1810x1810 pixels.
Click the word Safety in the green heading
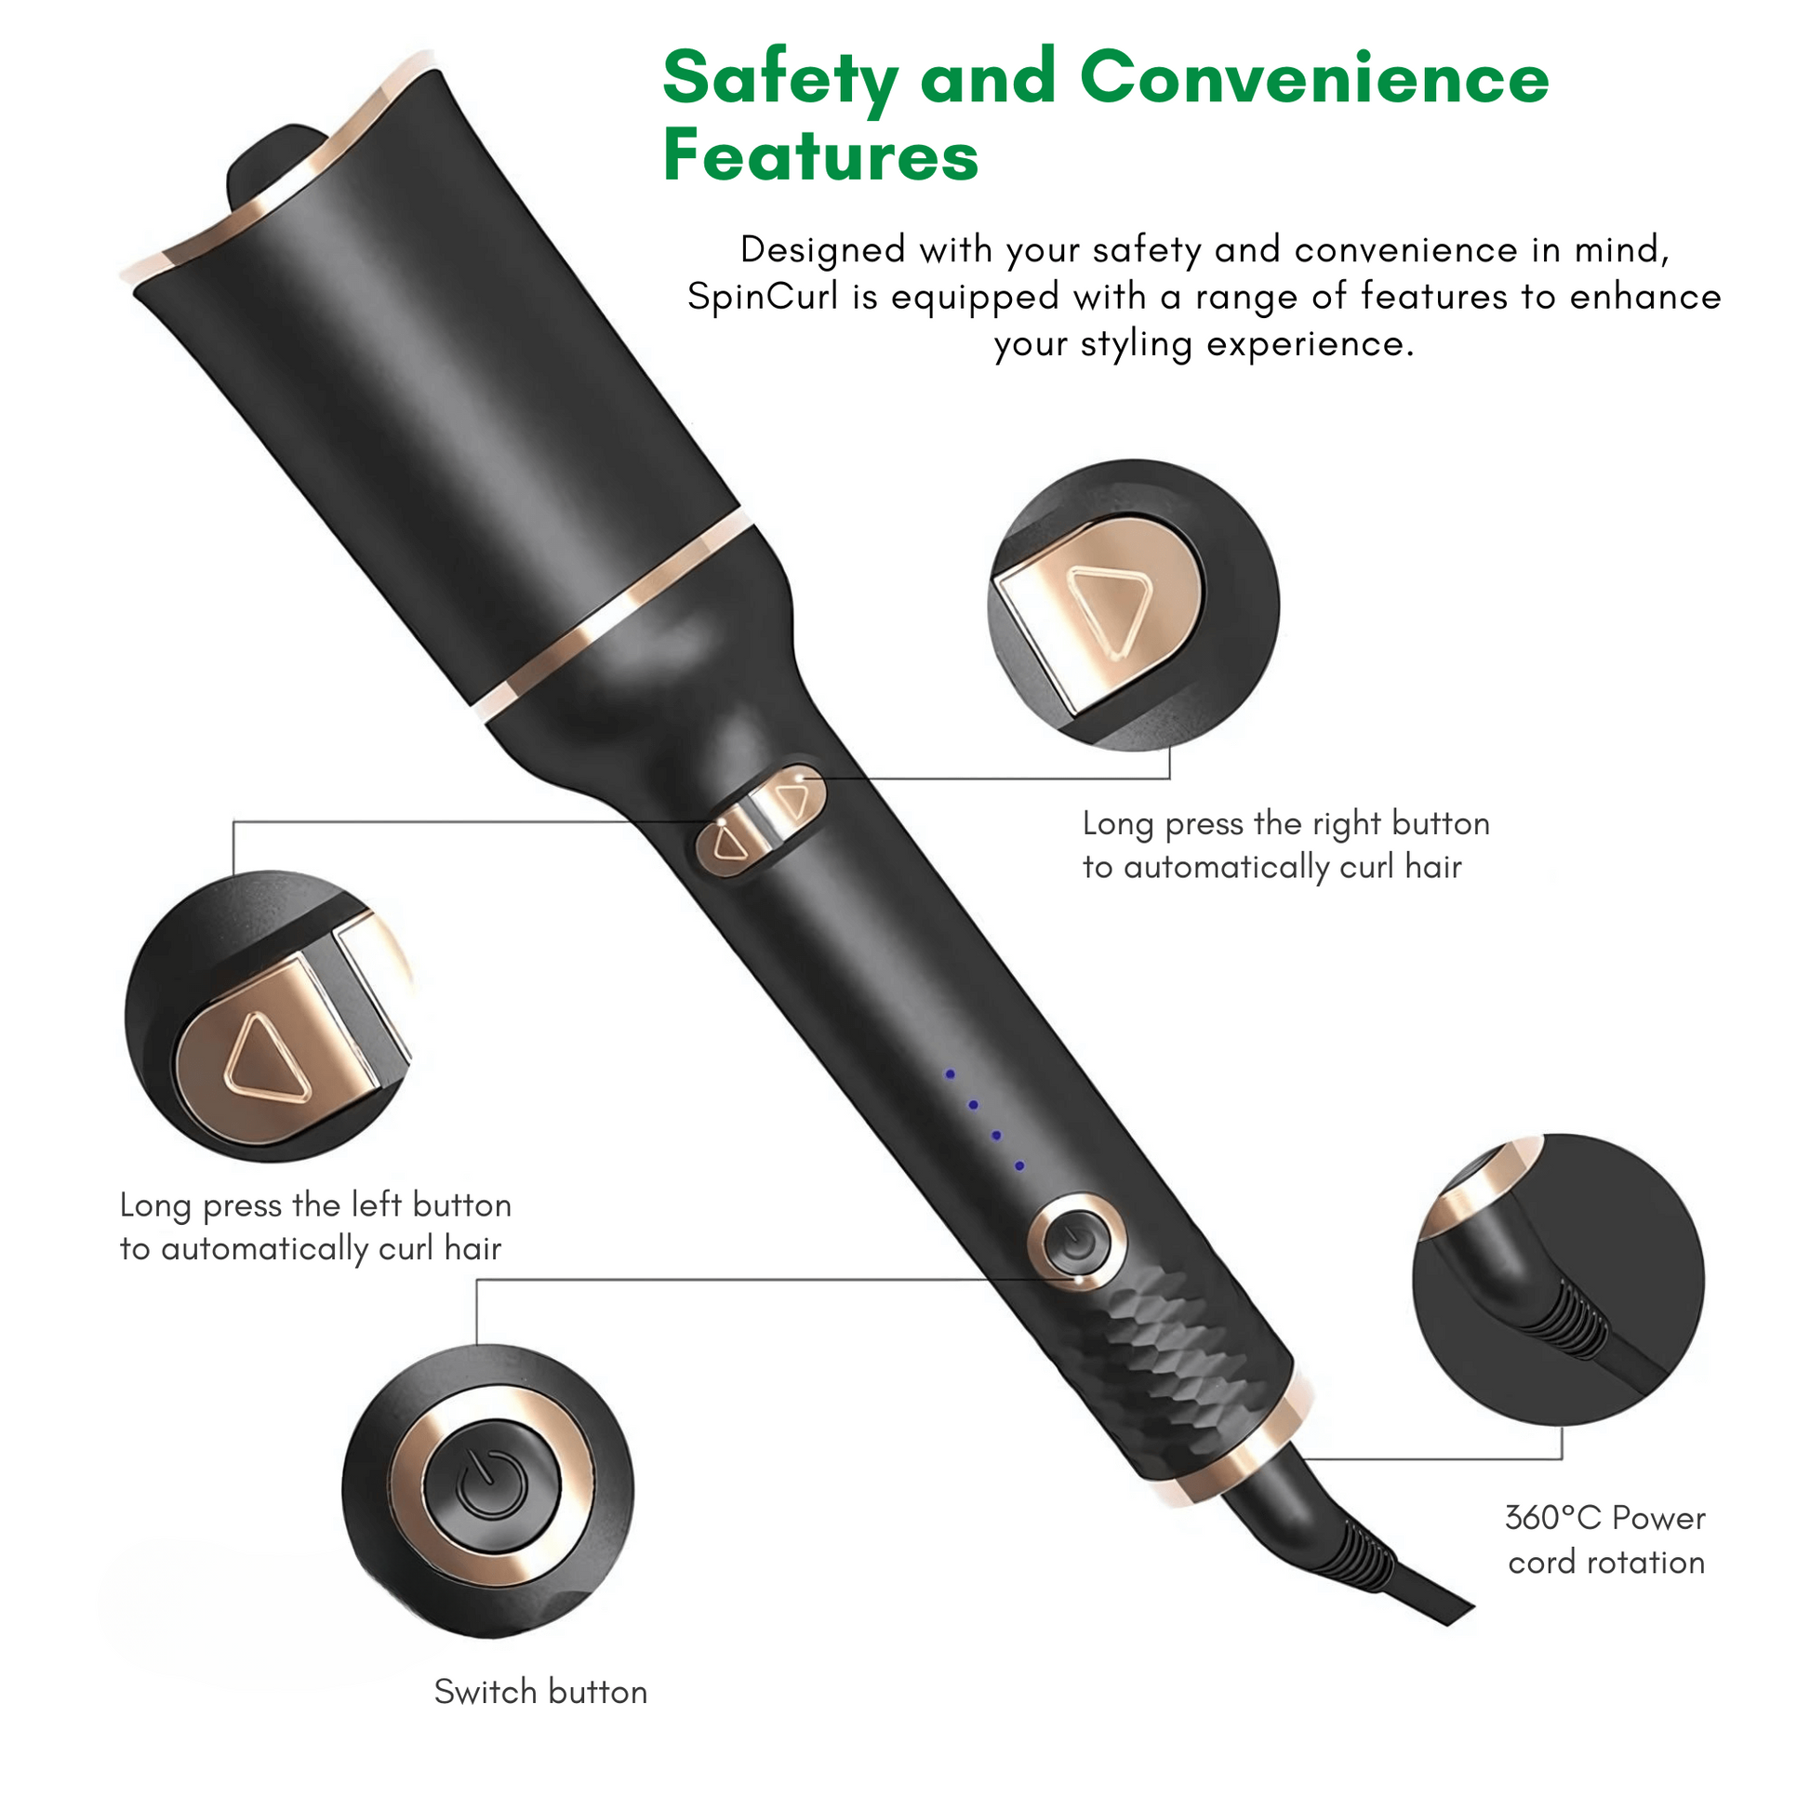click(780, 80)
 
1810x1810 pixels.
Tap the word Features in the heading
click(820, 155)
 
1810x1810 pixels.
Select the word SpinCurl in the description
click(763, 298)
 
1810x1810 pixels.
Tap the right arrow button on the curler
click(792, 801)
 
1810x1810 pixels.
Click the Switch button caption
click(540, 1692)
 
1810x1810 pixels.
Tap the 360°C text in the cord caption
click(1553, 1518)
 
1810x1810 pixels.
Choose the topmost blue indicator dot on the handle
click(950, 1074)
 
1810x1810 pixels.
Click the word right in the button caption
click(1345, 823)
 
